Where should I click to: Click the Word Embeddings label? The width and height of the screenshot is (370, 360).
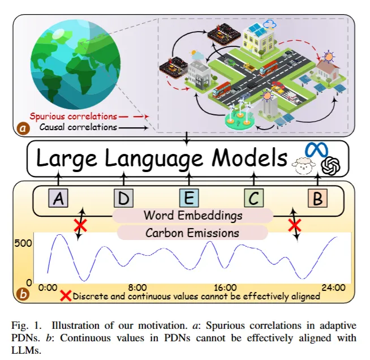pyautogui.click(x=193, y=216)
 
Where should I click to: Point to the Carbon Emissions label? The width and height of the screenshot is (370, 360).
pyautogui.click(x=192, y=232)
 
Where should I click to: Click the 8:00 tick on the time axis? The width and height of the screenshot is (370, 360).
pyautogui.click(x=137, y=287)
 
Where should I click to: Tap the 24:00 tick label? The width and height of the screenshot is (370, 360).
pyautogui.click(x=333, y=287)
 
